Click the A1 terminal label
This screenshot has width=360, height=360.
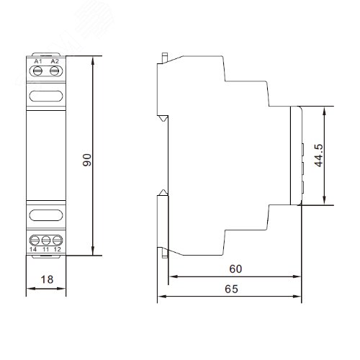38,62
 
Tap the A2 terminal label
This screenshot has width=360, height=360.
54,62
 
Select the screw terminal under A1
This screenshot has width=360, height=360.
38,71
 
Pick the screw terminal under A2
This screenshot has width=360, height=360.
54,71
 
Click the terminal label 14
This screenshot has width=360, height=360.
34,248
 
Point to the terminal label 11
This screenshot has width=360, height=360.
46,248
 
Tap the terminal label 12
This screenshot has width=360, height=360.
58,248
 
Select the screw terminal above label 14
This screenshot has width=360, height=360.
34,239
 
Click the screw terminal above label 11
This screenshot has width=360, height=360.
46,239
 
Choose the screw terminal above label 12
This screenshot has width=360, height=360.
58,239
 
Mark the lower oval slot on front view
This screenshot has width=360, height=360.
46,214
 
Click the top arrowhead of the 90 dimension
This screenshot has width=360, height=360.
94,60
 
